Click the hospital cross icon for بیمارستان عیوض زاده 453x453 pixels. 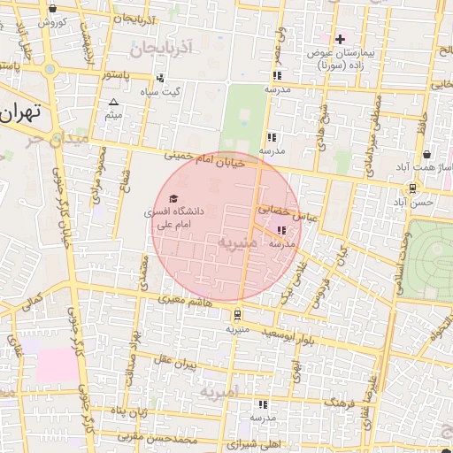coord(340,39)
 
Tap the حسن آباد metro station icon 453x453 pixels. coord(412,188)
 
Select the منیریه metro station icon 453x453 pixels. coord(236,314)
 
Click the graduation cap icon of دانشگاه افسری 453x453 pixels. coord(173,197)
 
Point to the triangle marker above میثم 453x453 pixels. coord(112,103)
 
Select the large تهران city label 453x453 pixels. coord(21,113)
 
